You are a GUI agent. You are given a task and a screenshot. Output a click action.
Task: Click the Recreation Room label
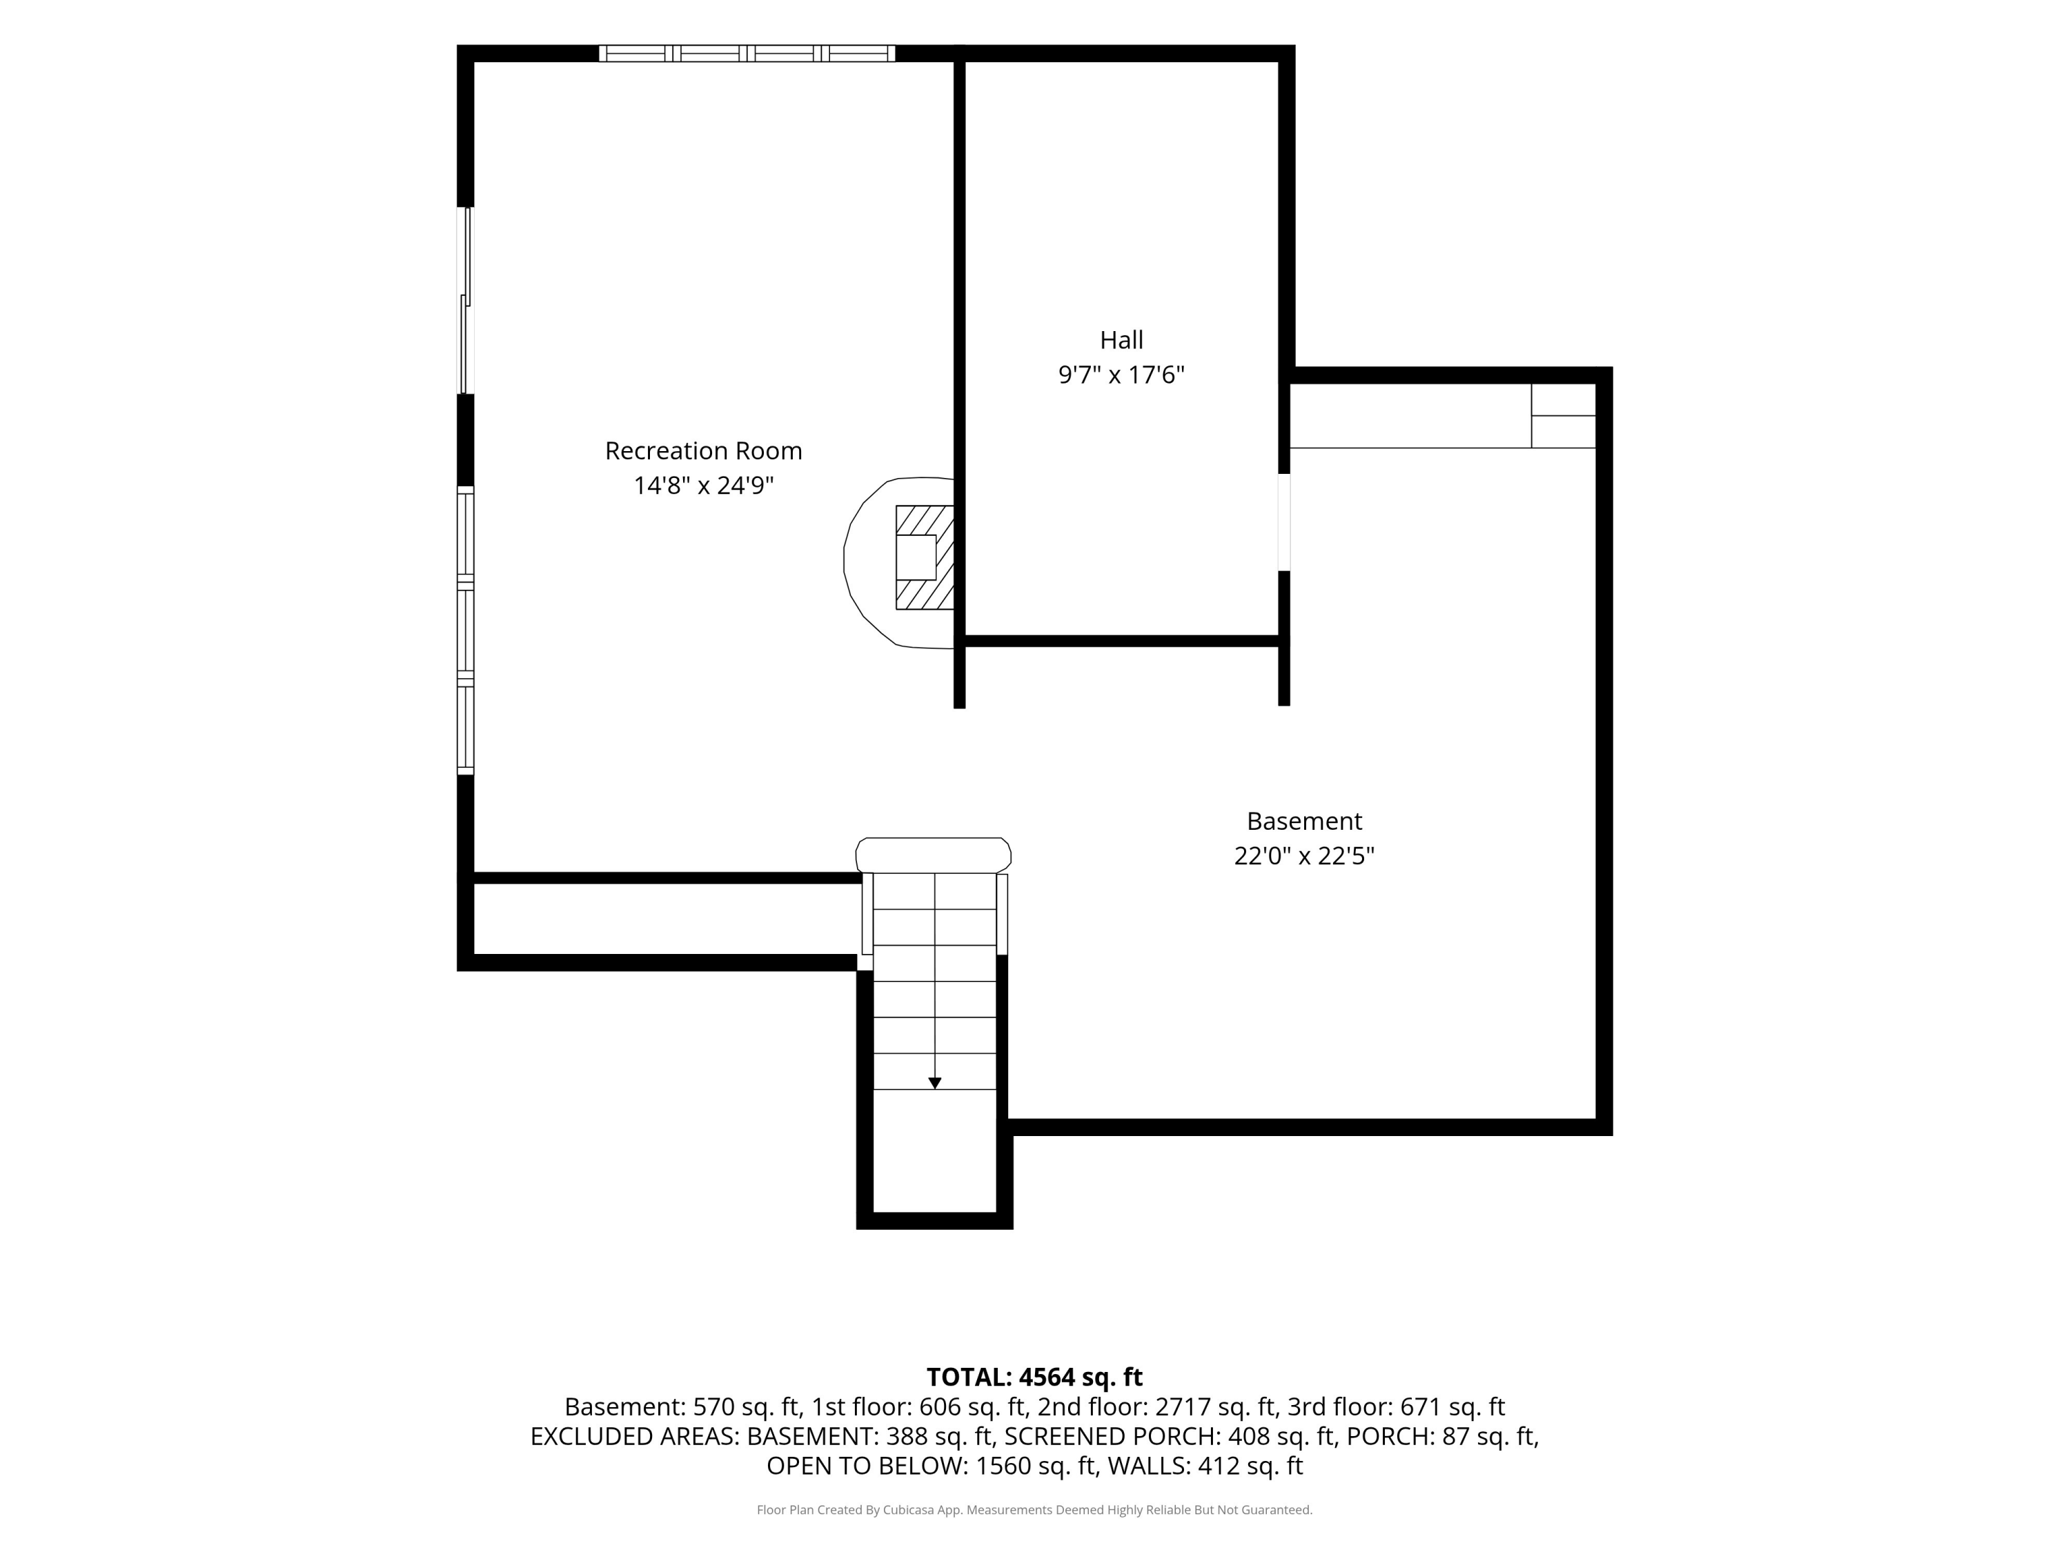coord(704,451)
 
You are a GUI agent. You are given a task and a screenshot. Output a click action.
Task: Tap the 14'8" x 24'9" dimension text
coord(704,486)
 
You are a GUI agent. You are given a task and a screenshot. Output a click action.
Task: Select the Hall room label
coord(1121,339)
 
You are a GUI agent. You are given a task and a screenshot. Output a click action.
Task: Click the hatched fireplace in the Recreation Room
coord(925,557)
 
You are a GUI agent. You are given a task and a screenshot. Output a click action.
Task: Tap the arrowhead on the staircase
coord(935,1084)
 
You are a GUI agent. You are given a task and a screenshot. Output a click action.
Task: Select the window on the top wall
coord(747,53)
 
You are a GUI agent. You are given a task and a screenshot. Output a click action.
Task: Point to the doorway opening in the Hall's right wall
coord(1284,522)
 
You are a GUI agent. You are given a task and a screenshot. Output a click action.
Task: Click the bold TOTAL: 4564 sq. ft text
coord(1034,1377)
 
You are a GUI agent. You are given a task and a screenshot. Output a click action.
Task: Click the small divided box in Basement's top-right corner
coord(1563,415)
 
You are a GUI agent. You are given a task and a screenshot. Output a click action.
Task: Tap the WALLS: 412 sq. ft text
coord(1205,1466)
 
